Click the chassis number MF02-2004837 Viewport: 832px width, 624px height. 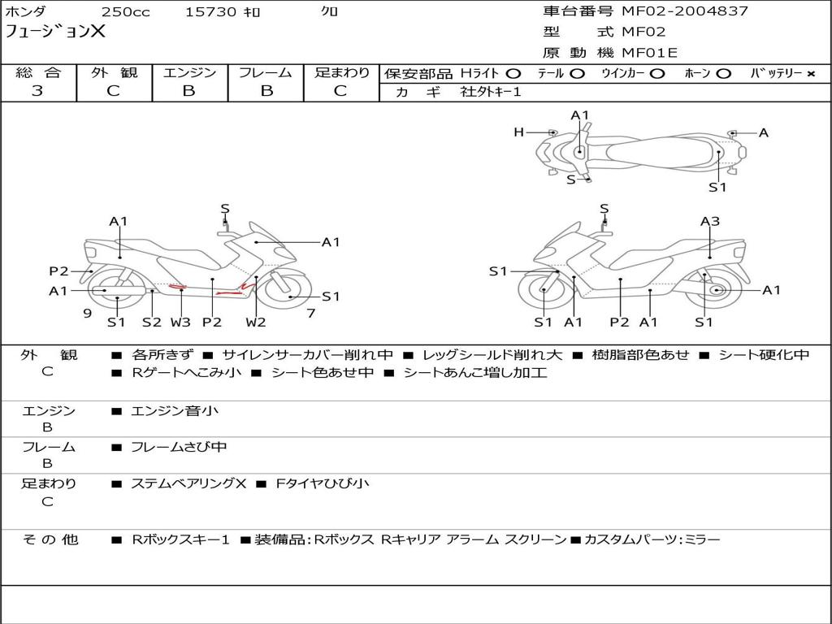click(685, 11)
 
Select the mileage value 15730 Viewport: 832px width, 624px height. click(210, 12)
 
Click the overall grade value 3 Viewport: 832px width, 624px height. click(37, 91)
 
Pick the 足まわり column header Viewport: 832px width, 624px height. click(342, 72)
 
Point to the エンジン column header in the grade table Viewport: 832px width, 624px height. click(189, 72)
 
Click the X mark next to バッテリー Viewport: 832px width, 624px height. click(811, 73)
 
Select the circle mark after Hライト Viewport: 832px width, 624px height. click(513, 73)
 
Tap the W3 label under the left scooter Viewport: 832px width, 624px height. click(180, 322)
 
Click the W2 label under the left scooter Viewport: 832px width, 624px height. click(256, 322)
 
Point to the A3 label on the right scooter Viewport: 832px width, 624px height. click(710, 221)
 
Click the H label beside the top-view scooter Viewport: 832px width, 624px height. click(518, 132)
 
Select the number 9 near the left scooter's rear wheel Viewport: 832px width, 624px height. click(87, 313)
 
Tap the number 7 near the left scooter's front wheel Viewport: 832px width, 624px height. click(311, 313)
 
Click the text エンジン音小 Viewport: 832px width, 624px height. click(174, 411)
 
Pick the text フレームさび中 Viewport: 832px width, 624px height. click(179, 447)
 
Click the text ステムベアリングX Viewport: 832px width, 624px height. click(188, 483)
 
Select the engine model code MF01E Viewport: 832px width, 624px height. click(650, 53)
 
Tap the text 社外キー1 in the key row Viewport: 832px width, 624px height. click(491, 92)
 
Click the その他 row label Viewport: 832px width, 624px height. click(50, 539)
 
